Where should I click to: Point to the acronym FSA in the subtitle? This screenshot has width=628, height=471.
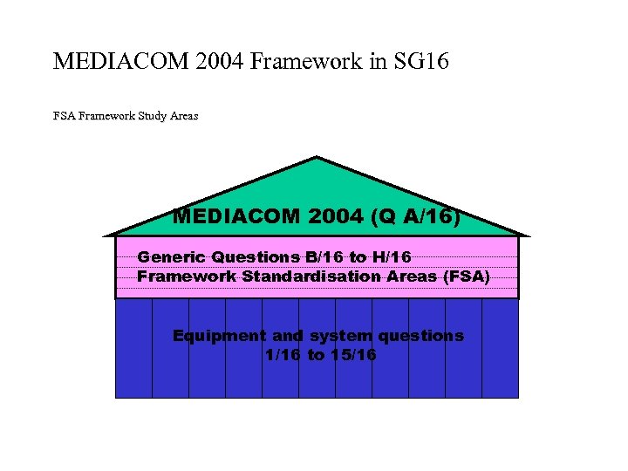coord(64,115)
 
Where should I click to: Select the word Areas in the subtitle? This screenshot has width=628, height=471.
coord(184,115)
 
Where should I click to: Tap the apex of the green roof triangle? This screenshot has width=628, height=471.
coord(317,158)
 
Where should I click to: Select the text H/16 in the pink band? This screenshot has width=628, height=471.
coord(393,257)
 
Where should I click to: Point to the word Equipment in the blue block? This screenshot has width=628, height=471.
coord(219,336)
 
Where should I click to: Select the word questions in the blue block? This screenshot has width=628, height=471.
coord(420,336)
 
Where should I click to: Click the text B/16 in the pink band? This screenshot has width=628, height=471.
coord(322,257)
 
